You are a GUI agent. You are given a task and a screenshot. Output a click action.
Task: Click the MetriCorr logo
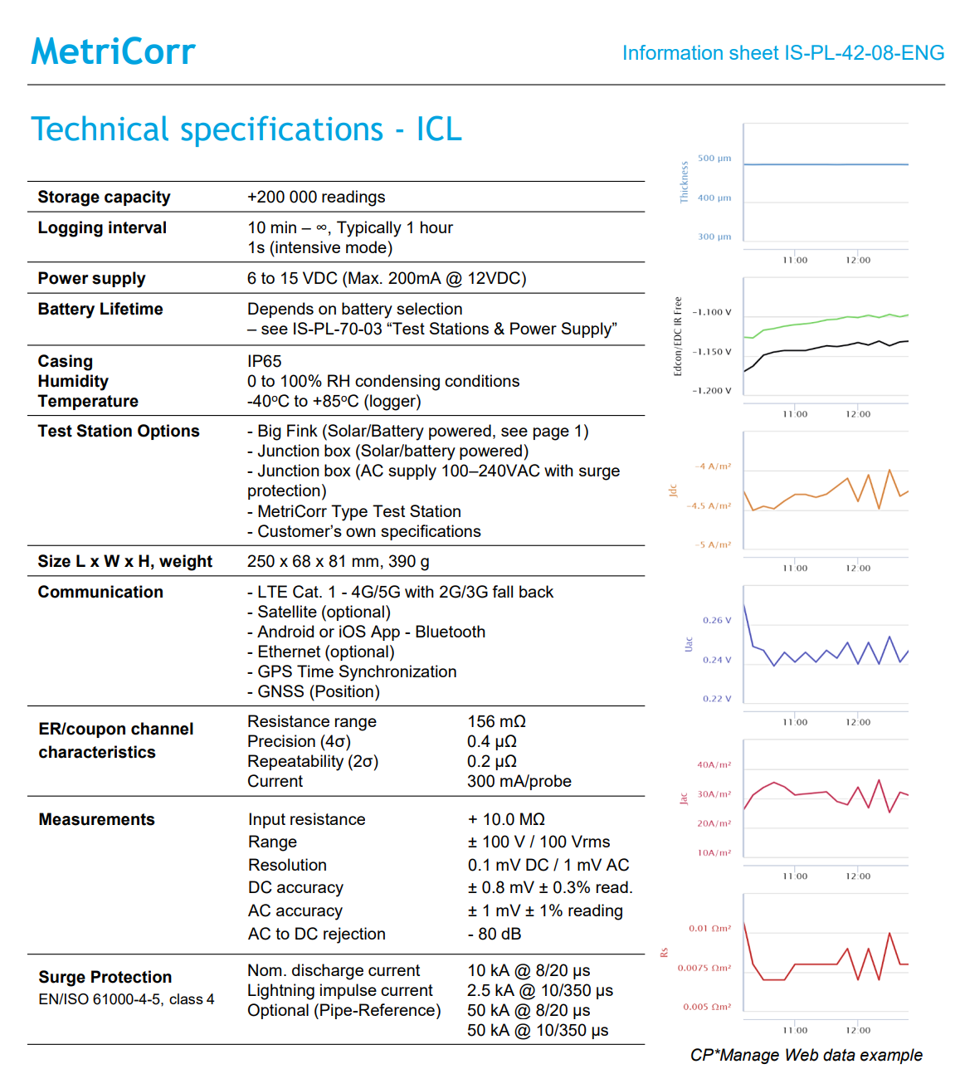(x=113, y=51)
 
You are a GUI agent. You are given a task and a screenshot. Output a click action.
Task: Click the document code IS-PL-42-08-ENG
(x=864, y=53)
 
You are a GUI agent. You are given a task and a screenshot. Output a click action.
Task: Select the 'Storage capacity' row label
(x=104, y=197)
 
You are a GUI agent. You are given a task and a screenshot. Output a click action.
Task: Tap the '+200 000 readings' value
(x=316, y=197)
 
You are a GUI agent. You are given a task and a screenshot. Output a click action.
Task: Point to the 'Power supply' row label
(x=91, y=278)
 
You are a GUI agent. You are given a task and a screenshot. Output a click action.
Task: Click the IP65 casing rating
(x=264, y=361)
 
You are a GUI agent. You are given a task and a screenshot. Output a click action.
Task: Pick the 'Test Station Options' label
(x=119, y=431)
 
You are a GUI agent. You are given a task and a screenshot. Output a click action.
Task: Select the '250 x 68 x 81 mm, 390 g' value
(x=338, y=561)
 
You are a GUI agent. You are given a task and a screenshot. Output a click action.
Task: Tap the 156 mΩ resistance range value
(x=496, y=721)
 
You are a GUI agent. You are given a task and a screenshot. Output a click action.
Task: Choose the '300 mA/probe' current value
(x=519, y=781)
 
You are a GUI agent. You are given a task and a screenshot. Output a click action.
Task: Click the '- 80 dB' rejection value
(x=494, y=934)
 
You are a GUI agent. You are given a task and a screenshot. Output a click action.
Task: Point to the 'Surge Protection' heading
(x=105, y=977)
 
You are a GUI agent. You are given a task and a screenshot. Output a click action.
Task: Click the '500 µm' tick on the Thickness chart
(x=714, y=158)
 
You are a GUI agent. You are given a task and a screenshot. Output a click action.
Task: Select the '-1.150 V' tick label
(x=712, y=352)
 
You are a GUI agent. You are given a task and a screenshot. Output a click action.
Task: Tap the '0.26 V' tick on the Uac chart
(x=717, y=620)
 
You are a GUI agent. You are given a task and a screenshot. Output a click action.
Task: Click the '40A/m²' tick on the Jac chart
(x=714, y=764)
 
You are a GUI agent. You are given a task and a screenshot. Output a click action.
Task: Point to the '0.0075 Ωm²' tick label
(x=704, y=968)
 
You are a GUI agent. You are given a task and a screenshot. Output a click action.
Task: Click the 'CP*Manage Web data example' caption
(x=806, y=1054)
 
